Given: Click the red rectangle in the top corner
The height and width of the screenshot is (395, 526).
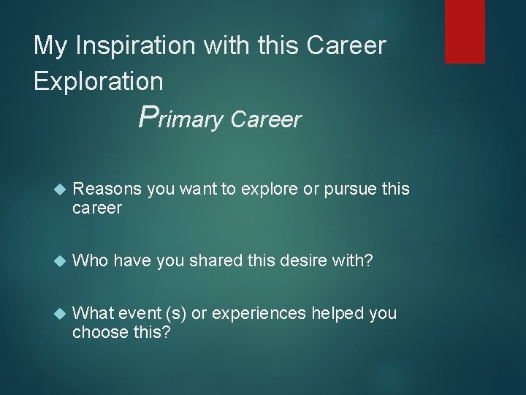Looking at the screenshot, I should pos(465,31).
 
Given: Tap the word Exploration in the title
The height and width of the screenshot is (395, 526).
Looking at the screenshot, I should pos(99,80).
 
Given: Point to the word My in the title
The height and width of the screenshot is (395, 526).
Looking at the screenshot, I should pos(49,47).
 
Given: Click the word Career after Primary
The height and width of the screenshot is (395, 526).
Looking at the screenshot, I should pos(264,119).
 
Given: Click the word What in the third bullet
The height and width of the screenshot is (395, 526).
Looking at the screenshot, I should pos(92,313).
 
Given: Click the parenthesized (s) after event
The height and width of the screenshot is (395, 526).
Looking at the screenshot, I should pos(175,313).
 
